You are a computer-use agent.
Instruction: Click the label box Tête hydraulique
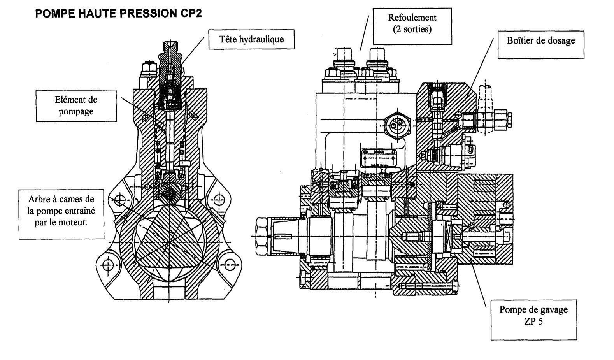click(251, 39)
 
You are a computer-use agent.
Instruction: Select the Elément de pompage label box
click(76, 105)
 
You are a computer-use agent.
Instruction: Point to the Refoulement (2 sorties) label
click(412, 23)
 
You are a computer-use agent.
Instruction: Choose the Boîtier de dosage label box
click(540, 41)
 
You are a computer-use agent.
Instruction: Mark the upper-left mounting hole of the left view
click(119, 200)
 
